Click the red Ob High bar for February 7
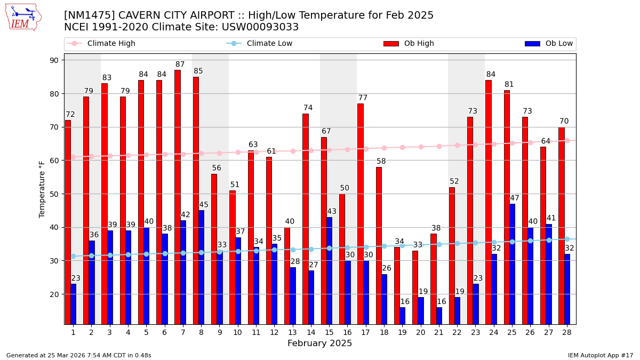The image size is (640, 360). (x=177, y=197)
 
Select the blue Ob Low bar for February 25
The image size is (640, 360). (x=512, y=263)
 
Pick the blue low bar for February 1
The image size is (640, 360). (x=73, y=303)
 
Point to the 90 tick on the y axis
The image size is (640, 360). (x=54, y=60)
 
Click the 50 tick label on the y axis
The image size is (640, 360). (x=54, y=194)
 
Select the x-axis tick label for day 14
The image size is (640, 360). (x=311, y=332)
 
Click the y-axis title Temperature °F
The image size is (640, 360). (x=42, y=189)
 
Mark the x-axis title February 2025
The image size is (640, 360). (x=319, y=343)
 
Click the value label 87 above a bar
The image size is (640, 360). (x=180, y=65)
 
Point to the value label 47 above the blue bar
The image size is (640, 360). (x=514, y=198)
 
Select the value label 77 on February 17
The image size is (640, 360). (x=363, y=98)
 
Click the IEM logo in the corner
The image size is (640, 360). (x=23, y=17)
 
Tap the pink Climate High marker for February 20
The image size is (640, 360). (x=421, y=147)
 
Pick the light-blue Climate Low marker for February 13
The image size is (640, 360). (x=293, y=250)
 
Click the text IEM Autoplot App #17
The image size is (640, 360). (x=601, y=355)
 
